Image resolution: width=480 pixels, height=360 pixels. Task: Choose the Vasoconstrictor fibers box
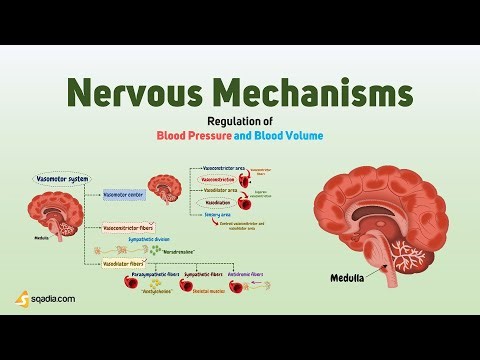tap(133, 227)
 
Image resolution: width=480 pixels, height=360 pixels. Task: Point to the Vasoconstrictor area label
tap(227, 168)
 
